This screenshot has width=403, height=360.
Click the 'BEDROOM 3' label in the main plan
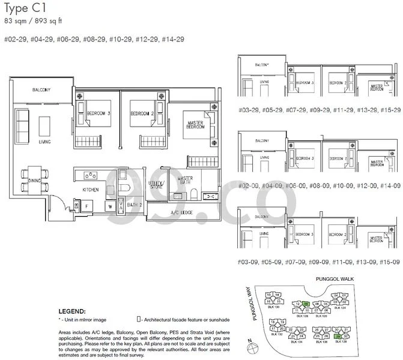(97, 113)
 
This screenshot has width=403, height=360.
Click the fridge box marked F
(86, 205)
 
